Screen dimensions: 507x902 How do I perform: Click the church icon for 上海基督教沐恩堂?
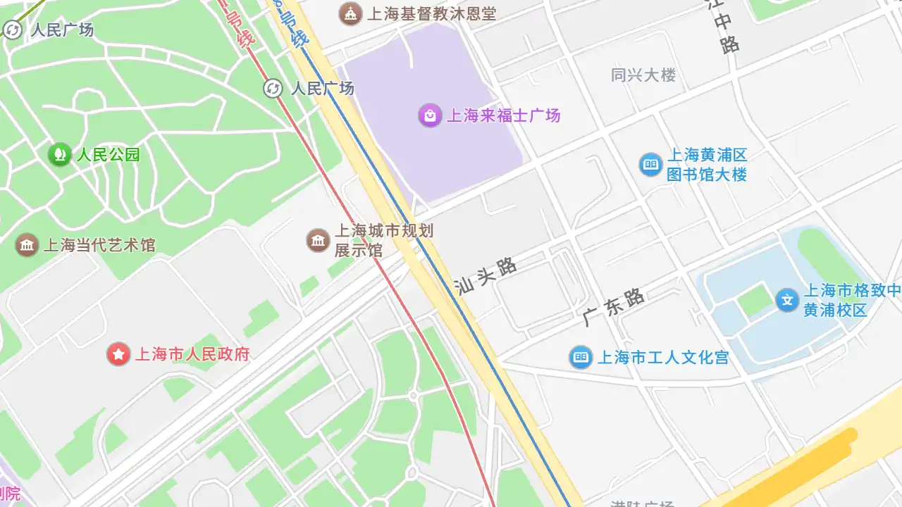coord(350,13)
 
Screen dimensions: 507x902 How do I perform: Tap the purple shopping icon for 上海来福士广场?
coord(430,115)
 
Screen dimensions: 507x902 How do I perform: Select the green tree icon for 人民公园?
coord(60,154)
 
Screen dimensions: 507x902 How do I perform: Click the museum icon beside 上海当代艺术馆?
coord(27,245)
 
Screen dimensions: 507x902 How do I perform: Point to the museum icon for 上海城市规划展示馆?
coord(319,240)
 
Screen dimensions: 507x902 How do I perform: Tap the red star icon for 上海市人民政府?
coord(118,353)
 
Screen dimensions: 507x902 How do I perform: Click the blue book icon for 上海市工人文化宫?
coord(581,357)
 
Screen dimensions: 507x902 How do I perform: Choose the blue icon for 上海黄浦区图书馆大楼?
coord(650,165)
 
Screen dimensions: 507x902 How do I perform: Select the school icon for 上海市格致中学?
coord(787,300)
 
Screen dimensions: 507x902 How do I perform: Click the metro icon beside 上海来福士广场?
coord(273,88)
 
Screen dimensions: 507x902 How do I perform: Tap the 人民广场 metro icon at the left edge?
coord(13,30)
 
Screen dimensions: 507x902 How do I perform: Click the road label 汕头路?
coord(486,276)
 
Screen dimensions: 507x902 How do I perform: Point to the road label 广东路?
coord(614,307)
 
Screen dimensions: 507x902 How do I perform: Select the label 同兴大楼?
coord(643,75)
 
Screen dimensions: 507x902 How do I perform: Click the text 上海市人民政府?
coord(192,353)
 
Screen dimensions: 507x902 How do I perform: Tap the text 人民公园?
coord(109,154)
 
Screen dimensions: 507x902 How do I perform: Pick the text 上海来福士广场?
coord(504,115)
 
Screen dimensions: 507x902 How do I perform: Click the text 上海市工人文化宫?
coord(662,357)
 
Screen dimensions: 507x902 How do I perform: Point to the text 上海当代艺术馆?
coord(99,245)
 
